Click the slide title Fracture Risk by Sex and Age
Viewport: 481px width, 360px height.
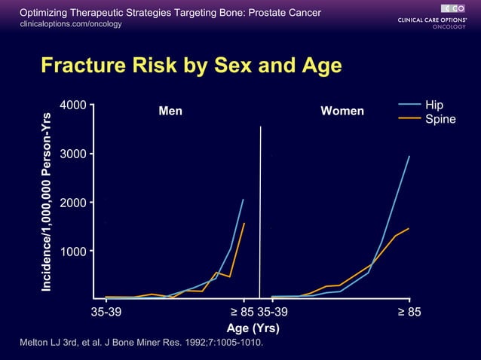tap(191, 66)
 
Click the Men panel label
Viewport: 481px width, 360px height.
tap(170, 111)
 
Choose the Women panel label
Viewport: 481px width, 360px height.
tap(342, 111)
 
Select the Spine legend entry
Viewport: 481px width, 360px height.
tap(440, 119)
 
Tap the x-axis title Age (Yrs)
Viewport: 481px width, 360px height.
tap(253, 328)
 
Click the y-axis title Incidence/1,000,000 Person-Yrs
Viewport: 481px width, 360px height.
tap(47, 202)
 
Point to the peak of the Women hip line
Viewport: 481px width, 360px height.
tap(409, 156)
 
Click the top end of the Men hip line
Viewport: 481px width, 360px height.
tap(243, 200)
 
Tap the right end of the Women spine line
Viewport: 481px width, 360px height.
tap(408, 228)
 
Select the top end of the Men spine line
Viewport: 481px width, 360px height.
tap(244, 223)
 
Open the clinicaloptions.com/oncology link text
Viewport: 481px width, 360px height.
tap(70, 24)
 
